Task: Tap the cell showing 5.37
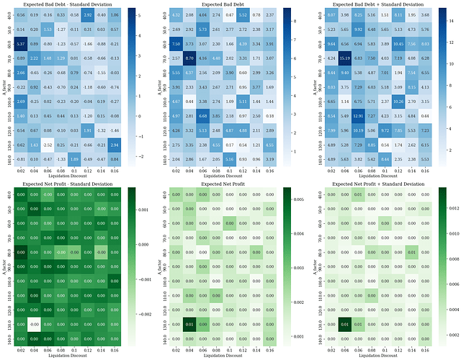point(21,44)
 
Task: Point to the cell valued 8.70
point(190,58)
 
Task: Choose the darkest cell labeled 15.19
point(344,58)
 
